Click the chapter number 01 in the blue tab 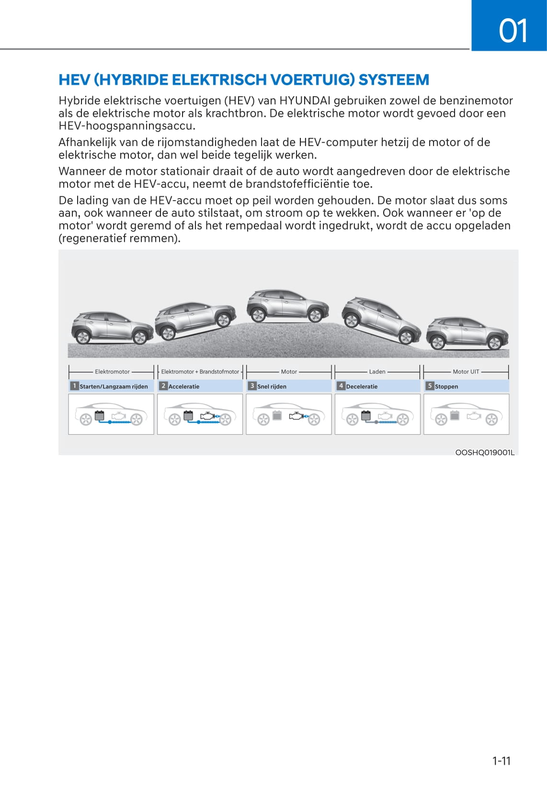click(x=513, y=31)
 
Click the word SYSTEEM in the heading click(x=393, y=79)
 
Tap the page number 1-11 click(x=501, y=760)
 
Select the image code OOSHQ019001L click(x=485, y=453)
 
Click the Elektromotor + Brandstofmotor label click(x=200, y=372)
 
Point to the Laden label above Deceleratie click(x=377, y=372)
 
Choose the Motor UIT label click(x=466, y=372)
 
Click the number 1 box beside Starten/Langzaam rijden click(x=74, y=386)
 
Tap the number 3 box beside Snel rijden click(x=252, y=386)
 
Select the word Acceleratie click(x=184, y=386)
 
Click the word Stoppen click(x=446, y=386)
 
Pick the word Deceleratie click(x=362, y=386)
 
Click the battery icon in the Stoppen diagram click(x=455, y=415)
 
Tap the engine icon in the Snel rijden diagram click(x=297, y=416)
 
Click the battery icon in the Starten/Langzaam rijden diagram click(x=100, y=415)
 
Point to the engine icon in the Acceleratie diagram click(x=208, y=416)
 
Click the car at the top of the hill click(x=287, y=305)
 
